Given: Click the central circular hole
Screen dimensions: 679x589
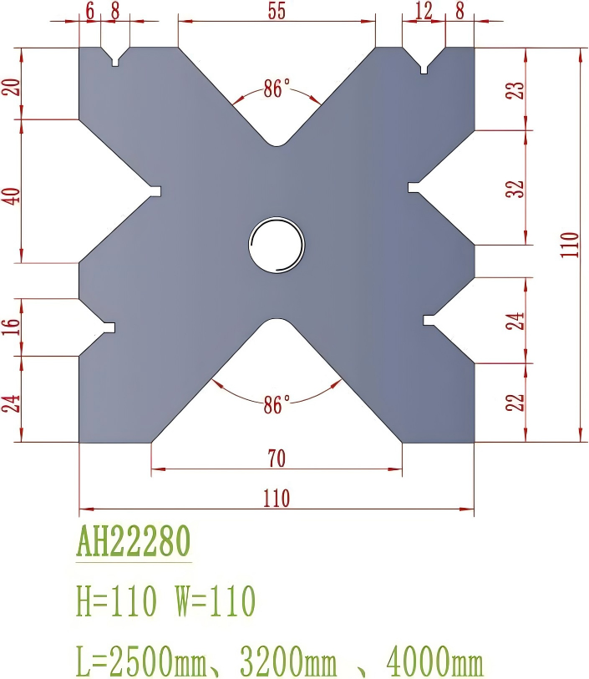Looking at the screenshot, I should pyautogui.click(x=277, y=245).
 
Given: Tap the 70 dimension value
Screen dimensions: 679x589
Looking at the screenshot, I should pyautogui.click(x=276, y=458).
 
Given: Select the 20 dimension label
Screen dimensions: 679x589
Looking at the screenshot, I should pyautogui.click(x=12, y=85).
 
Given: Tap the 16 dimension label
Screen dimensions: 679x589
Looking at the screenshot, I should pyautogui.click(x=12, y=326).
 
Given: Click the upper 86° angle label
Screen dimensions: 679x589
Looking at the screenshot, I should pyautogui.click(x=276, y=89).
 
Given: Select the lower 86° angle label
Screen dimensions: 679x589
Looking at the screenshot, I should pyautogui.click(x=276, y=407).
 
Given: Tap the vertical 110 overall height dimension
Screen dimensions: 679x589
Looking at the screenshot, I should pyautogui.click(x=571, y=245).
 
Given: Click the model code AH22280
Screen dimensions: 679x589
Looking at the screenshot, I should pyautogui.click(x=134, y=542).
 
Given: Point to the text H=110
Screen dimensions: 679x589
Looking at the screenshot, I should pyautogui.click(x=118, y=600).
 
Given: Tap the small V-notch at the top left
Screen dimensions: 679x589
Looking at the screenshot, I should pyautogui.click(x=116, y=58).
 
